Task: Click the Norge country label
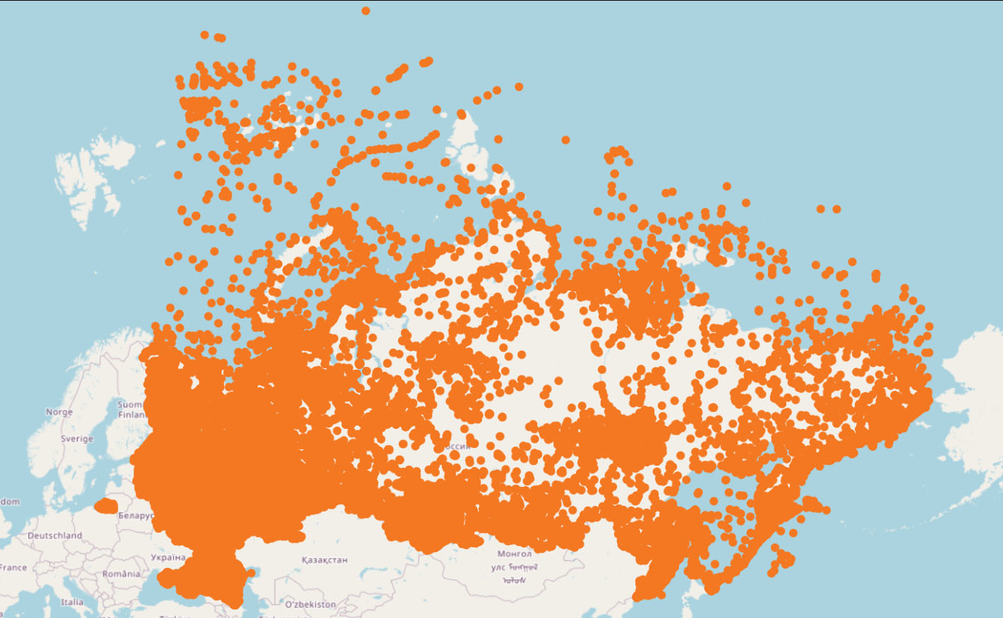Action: pyautogui.click(x=59, y=412)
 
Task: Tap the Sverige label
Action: pyautogui.click(x=77, y=439)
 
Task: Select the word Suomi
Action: pyautogui.click(x=129, y=405)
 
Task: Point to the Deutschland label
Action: pyautogui.click(x=55, y=535)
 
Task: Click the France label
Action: pyautogui.click(x=13, y=567)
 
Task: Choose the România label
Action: pyautogui.click(x=121, y=574)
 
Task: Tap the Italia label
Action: pyautogui.click(x=72, y=602)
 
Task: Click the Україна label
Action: pyautogui.click(x=168, y=557)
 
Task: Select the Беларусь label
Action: pyautogui.click(x=135, y=516)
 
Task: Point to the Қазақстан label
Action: pyautogui.click(x=325, y=560)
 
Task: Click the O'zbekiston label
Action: pyautogui.click(x=311, y=605)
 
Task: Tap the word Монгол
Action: pyautogui.click(x=515, y=554)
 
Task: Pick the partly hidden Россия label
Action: pyautogui.click(x=457, y=447)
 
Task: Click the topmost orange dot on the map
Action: pyautogui.click(x=366, y=11)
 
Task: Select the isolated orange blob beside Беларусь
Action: pyautogui.click(x=107, y=506)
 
